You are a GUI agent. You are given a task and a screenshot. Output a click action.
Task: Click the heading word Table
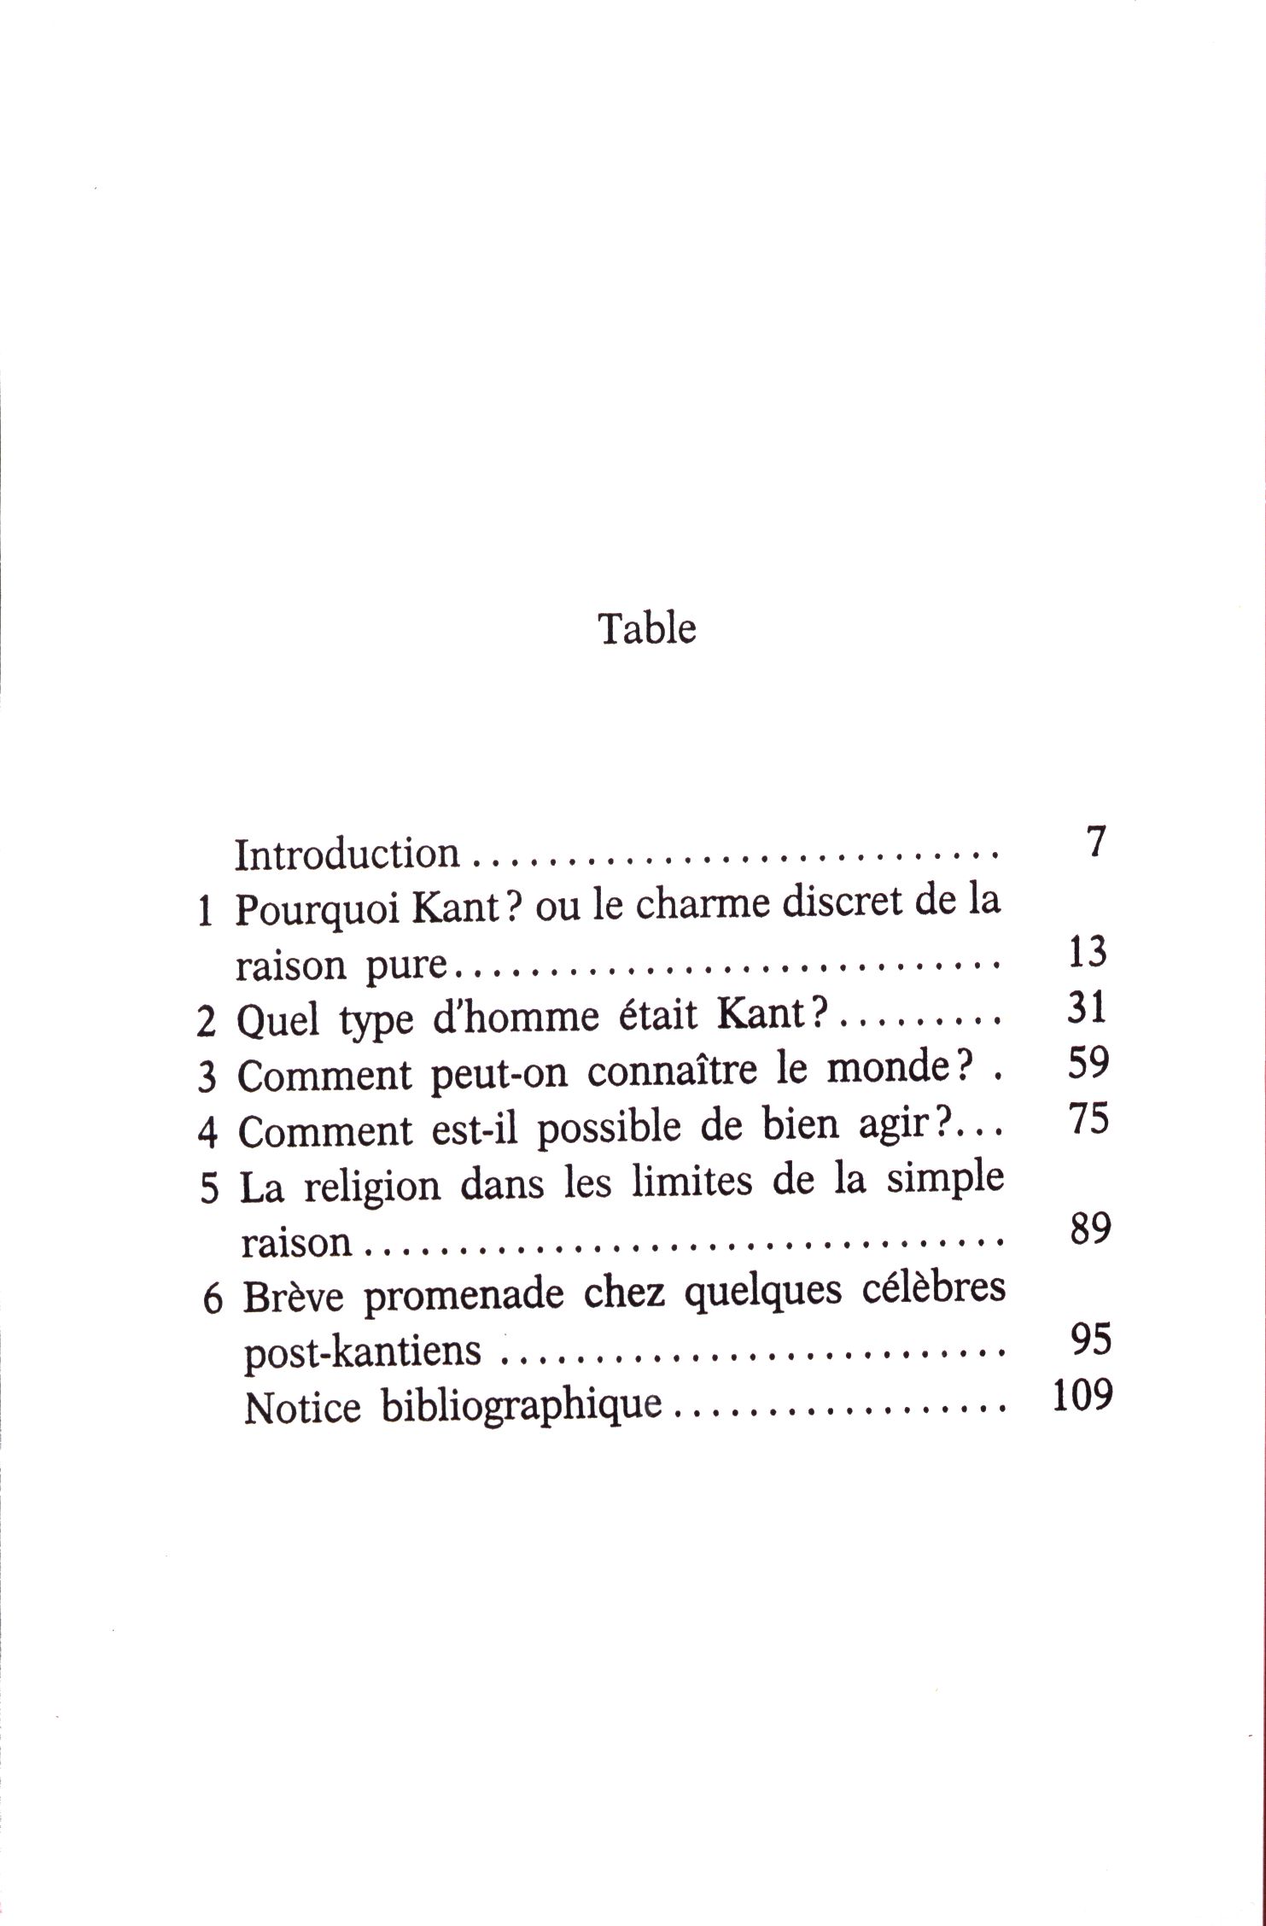(x=647, y=628)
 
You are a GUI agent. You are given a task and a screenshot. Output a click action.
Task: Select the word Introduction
(x=347, y=854)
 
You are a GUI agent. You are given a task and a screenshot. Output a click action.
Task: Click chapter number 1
(x=204, y=913)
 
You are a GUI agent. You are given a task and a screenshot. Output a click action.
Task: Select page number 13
(x=1087, y=951)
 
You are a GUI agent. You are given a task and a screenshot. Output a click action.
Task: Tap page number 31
(x=1087, y=1007)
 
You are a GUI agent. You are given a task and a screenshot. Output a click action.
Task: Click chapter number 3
(x=207, y=1077)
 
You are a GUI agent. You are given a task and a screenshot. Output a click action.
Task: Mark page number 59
(x=1088, y=1063)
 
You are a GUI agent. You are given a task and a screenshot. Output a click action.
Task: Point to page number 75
(x=1088, y=1118)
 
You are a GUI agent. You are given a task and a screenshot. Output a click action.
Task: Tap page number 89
(x=1089, y=1229)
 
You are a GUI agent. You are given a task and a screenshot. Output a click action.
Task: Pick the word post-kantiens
(x=362, y=1352)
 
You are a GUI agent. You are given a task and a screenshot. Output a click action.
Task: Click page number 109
(x=1082, y=1396)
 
